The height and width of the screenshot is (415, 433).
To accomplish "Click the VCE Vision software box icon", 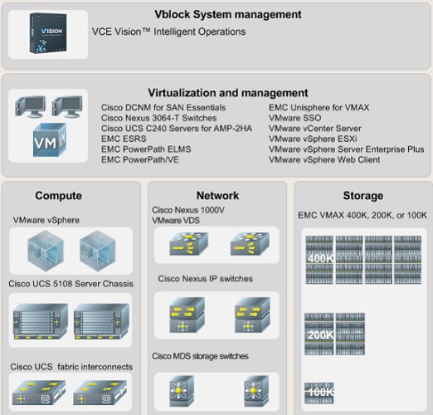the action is tap(48, 33).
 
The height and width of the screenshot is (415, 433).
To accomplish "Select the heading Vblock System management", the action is tap(228, 14).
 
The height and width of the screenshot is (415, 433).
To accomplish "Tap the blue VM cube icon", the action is tap(50, 140).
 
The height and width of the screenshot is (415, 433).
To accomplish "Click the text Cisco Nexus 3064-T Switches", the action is tap(158, 118).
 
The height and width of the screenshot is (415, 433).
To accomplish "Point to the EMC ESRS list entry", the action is tap(124, 139).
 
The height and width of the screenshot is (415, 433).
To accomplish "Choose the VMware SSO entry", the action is tap(295, 118).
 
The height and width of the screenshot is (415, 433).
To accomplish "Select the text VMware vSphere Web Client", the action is tap(324, 159).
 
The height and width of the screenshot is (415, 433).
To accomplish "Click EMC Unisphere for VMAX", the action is tap(319, 107).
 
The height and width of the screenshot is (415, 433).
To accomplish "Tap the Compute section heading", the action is tap(58, 196).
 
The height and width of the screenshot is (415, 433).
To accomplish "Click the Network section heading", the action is tap(217, 196).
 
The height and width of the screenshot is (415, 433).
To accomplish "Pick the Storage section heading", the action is tap(363, 196).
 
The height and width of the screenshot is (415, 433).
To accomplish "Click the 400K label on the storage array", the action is tap(320, 259).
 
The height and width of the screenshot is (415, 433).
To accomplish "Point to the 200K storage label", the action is tap(320, 335).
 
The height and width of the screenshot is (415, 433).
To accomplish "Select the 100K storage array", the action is tap(319, 393).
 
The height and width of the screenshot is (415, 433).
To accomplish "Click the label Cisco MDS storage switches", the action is tap(200, 356).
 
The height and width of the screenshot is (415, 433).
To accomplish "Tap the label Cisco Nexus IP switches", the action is tap(205, 279).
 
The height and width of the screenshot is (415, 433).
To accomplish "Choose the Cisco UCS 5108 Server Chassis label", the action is tap(71, 284).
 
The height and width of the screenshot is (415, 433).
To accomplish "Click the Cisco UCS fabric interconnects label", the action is tap(71, 367).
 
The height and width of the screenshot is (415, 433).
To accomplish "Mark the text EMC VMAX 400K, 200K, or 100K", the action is tap(362, 215).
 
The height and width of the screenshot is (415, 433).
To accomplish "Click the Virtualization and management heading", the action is tap(228, 93).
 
